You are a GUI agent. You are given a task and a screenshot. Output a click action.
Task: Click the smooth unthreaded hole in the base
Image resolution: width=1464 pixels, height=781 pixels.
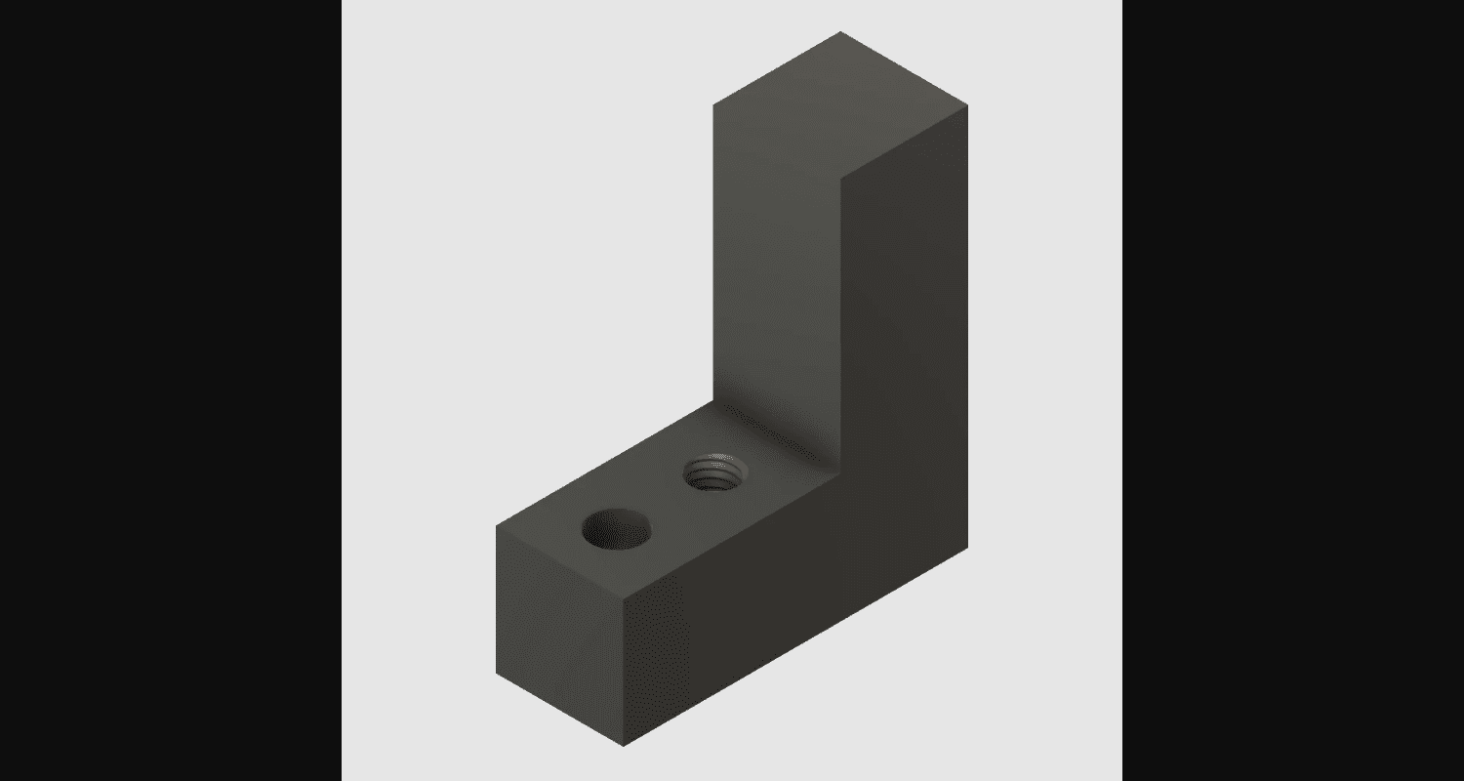tap(617, 530)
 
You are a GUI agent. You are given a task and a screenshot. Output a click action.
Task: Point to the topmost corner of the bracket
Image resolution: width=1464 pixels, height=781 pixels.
tap(840, 32)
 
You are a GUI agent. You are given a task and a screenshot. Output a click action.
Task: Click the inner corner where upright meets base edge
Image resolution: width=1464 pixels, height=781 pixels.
tap(840, 468)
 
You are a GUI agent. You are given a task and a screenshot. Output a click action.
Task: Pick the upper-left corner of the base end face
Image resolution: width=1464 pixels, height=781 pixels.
tap(497, 526)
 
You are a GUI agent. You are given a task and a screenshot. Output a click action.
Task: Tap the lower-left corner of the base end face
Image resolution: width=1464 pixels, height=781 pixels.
tap(497, 674)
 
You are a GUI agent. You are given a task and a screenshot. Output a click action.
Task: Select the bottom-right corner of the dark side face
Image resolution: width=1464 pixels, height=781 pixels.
tap(967, 547)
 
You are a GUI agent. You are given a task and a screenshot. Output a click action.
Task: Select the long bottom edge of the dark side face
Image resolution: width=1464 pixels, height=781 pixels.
tap(795, 646)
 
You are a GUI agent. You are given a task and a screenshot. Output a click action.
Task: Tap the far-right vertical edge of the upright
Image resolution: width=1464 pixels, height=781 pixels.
tap(967, 322)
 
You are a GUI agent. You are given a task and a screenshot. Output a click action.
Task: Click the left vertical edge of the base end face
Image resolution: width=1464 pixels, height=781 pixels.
tap(497, 600)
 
